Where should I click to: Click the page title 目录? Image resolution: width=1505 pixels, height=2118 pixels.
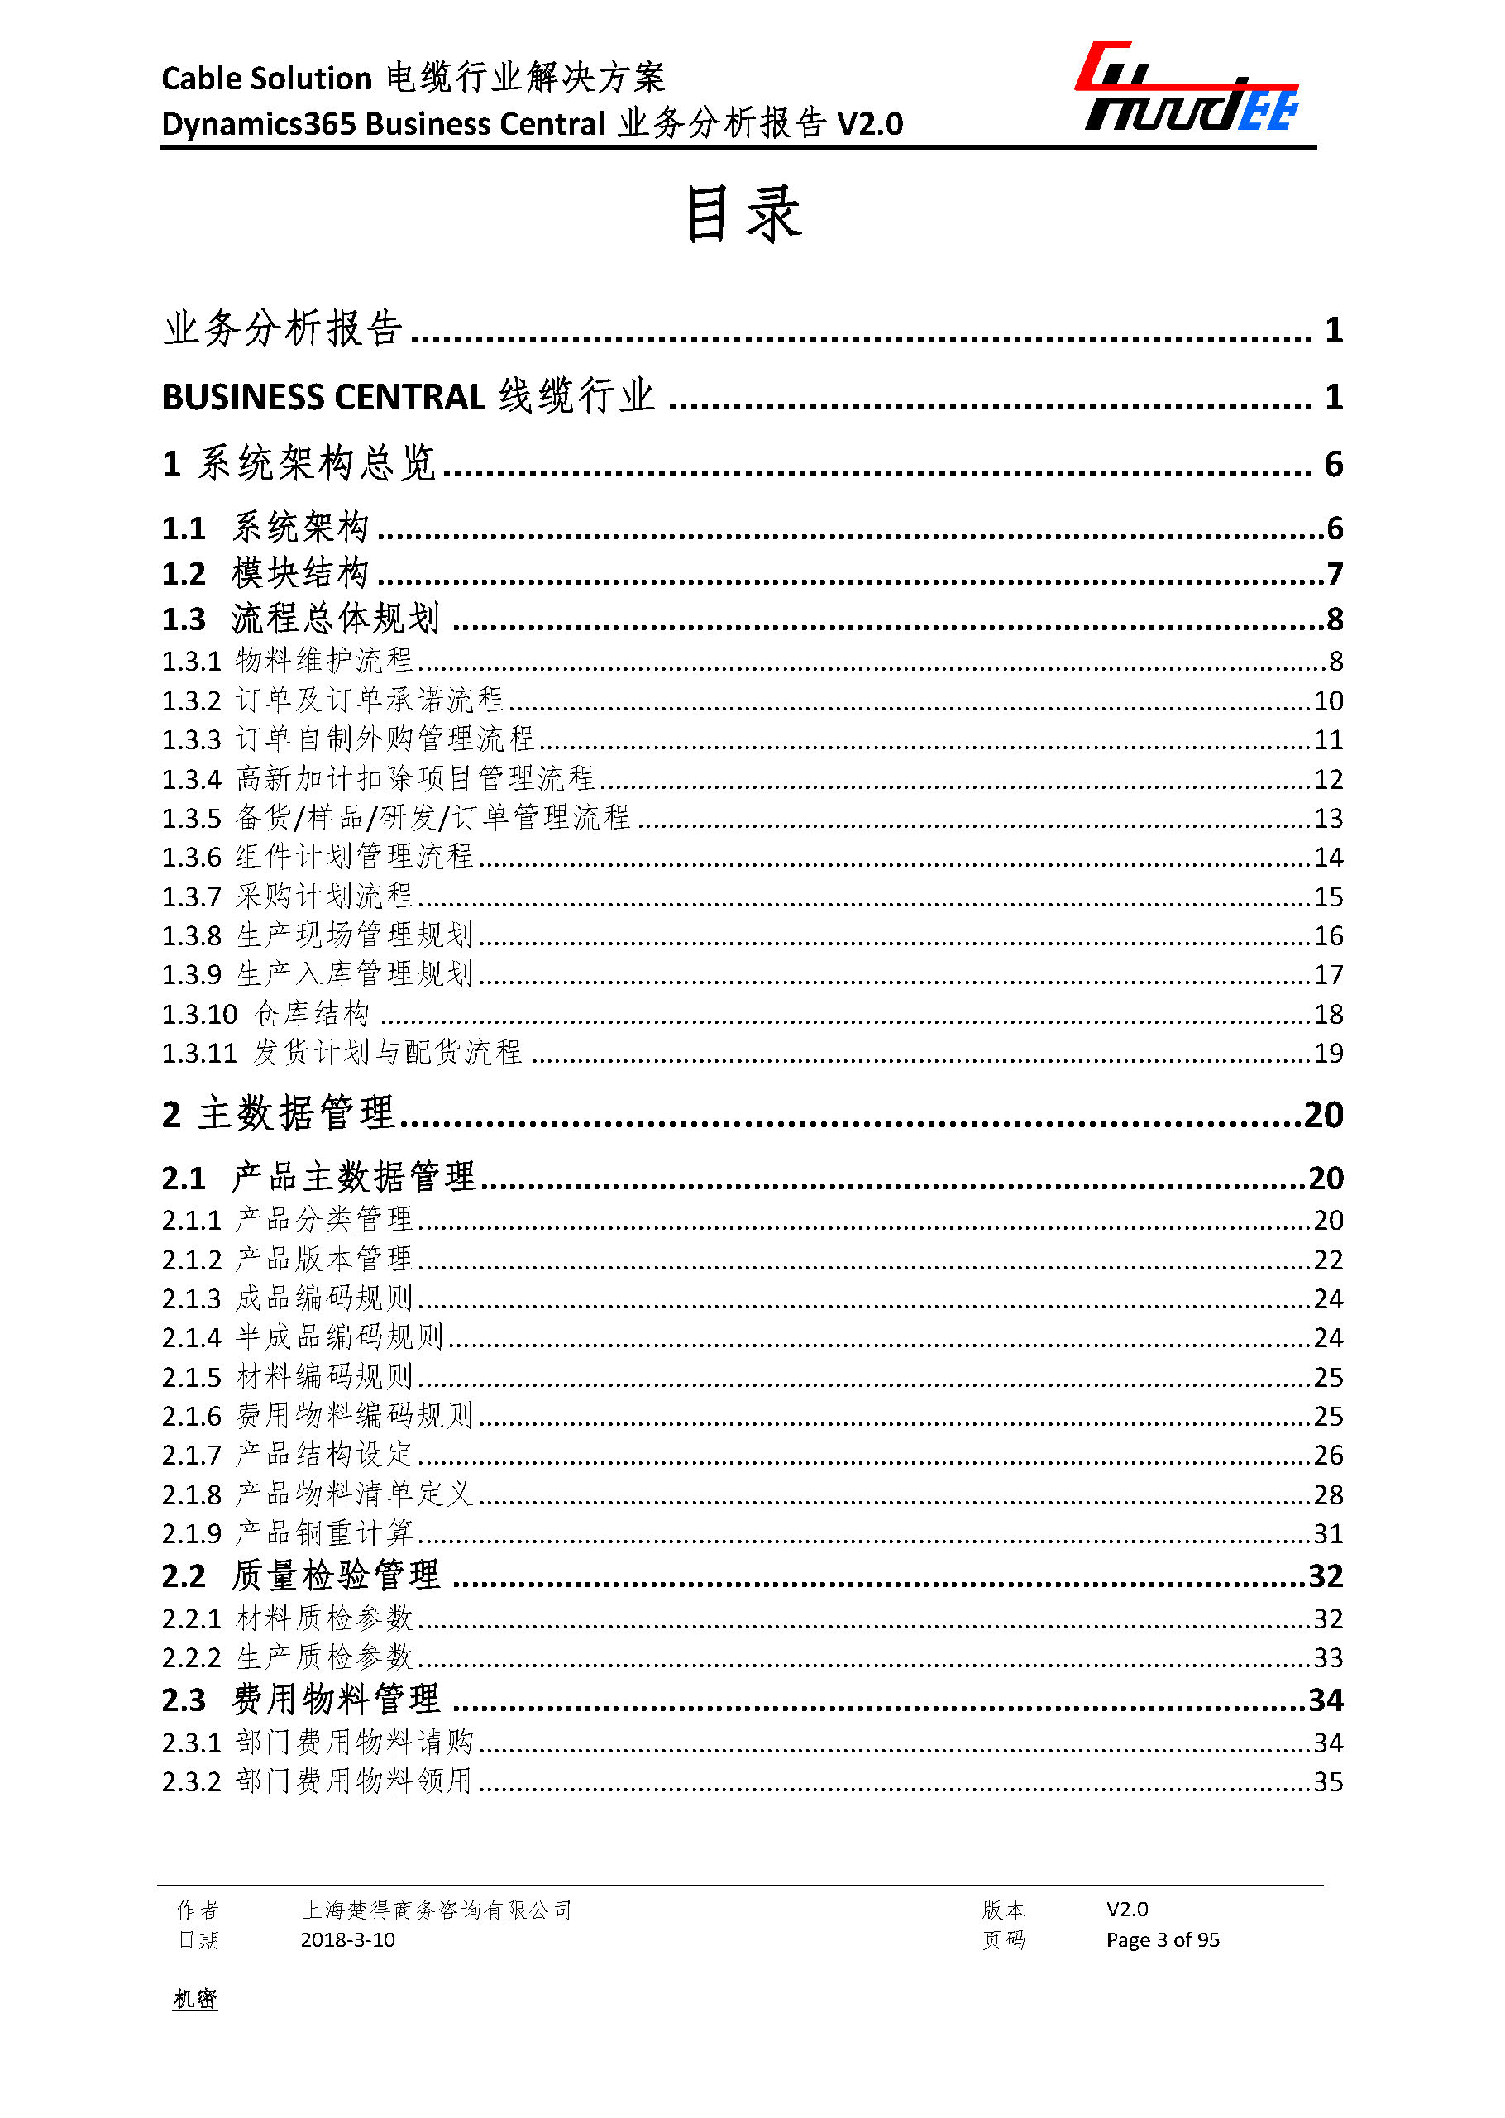click(743, 214)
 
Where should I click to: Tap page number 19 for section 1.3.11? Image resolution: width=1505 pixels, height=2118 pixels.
click(1328, 1053)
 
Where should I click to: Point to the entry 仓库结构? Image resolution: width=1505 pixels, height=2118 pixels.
click(312, 1014)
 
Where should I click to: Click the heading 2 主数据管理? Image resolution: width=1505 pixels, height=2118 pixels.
click(279, 1114)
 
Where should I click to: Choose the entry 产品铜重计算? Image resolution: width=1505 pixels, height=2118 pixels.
click(324, 1533)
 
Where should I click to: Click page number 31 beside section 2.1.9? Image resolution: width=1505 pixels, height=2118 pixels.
click(1328, 1533)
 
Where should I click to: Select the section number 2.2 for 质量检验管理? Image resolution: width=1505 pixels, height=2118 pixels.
click(184, 1575)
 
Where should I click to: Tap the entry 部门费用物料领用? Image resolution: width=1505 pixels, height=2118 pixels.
click(354, 1781)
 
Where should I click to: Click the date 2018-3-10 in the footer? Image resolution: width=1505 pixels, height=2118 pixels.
click(347, 1940)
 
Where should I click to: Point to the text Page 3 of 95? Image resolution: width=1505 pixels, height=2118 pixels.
click(1162, 1940)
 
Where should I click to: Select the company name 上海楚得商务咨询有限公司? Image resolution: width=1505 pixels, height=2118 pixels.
click(437, 1910)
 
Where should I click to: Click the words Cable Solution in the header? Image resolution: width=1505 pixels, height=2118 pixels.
click(267, 79)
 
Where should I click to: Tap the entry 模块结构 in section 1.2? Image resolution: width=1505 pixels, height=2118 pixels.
click(300, 574)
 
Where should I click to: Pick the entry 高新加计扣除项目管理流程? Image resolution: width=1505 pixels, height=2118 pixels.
click(414, 778)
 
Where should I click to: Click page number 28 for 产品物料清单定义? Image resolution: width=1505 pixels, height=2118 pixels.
click(1328, 1494)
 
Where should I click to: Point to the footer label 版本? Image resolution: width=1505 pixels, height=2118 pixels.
click(1003, 1910)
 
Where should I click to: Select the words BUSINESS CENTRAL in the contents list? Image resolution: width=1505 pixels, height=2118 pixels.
click(323, 398)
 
